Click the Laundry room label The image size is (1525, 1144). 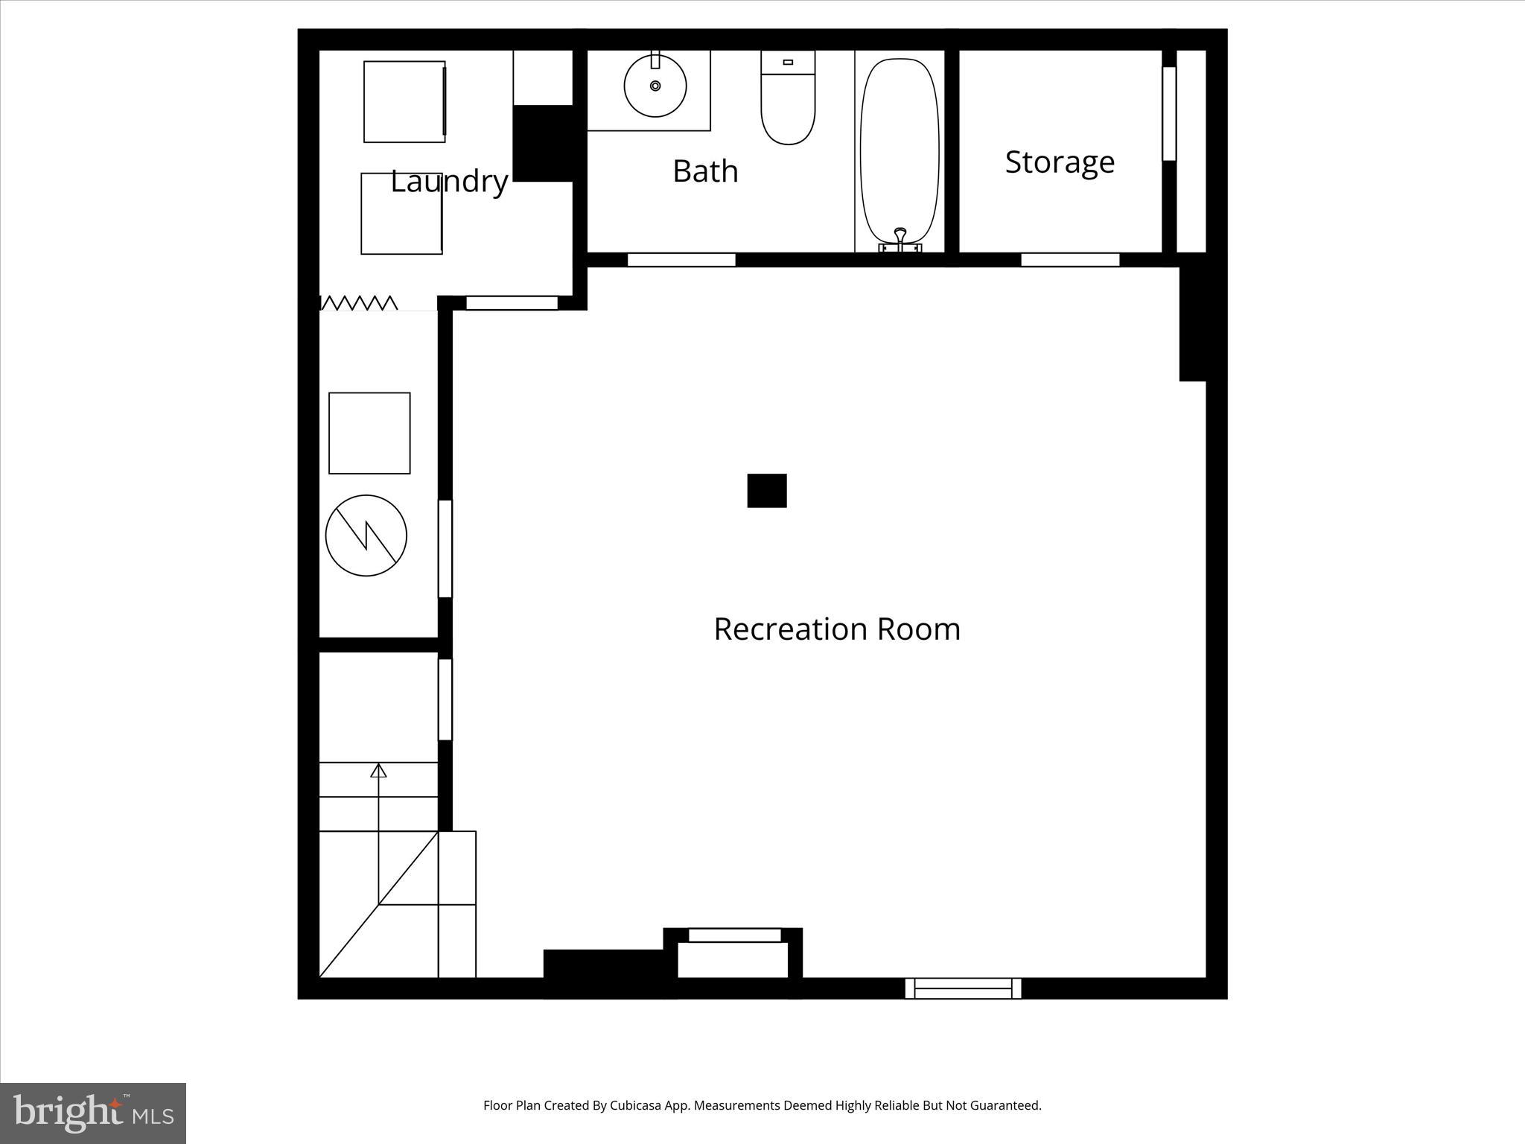(x=449, y=181)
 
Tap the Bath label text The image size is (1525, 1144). (x=705, y=171)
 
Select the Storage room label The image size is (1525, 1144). (x=1059, y=162)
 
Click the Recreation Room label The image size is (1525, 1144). (x=836, y=629)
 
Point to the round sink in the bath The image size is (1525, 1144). (x=655, y=86)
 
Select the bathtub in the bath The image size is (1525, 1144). (x=900, y=149)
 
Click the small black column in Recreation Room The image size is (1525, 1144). (x=766, y=490)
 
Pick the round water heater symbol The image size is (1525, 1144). (x=366, y=535)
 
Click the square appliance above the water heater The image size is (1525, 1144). (x=369, y=433)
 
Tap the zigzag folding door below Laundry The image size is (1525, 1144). (x=359, y=302)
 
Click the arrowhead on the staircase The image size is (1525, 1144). (x=378, y=771)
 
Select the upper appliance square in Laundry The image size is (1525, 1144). (x=404, y=101)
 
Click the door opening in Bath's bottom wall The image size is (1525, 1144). (x=681, y=260)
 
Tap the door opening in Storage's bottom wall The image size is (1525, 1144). (x=1069, y=260)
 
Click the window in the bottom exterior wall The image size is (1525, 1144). (x=962, y=988)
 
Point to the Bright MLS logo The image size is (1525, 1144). (x=93, y=1113)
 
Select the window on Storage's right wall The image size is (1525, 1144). (x=1168, y=113)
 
